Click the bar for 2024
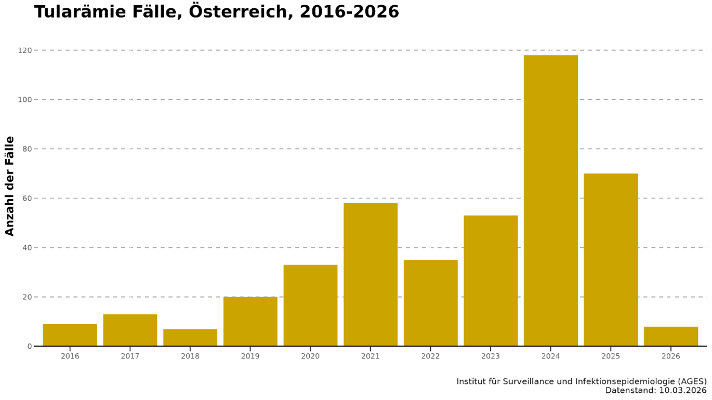(x=550, y=201)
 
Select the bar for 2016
(x=70, y=335)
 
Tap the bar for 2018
(x=190, y=338)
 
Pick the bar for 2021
(x=371, y=274)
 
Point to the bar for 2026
(x=670, y=336)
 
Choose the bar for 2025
(x=611, y=260)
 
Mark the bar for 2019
(x=250, y=322)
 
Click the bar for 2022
(x=430, y=303)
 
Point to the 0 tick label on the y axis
(x=30, y=346)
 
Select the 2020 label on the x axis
(x=310, y=356)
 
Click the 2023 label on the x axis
(x=491, y=356)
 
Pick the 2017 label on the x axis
(x=130, y=356)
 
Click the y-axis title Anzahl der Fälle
(x=10, y=186)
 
